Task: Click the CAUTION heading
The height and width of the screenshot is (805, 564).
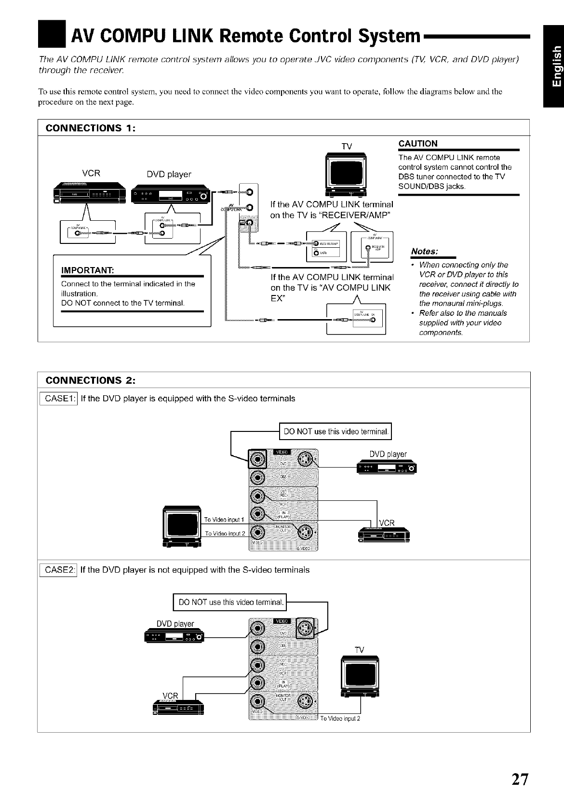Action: (418, 144)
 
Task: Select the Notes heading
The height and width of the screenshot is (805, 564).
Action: (424, 252)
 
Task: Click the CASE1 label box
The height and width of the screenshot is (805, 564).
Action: (58, 399)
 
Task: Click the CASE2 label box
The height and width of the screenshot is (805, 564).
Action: (58, 570)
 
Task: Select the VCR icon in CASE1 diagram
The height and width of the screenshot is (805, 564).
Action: (384, 536)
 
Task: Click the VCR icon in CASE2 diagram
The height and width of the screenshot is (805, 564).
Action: (177, 709)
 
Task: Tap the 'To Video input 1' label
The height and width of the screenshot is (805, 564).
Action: (225, 520)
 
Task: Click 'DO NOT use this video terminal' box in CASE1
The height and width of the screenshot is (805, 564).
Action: (336, 431)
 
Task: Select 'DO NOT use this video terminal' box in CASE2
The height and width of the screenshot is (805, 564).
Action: (230, 602)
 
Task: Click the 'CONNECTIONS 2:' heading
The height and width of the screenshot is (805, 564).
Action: (90, 380)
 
